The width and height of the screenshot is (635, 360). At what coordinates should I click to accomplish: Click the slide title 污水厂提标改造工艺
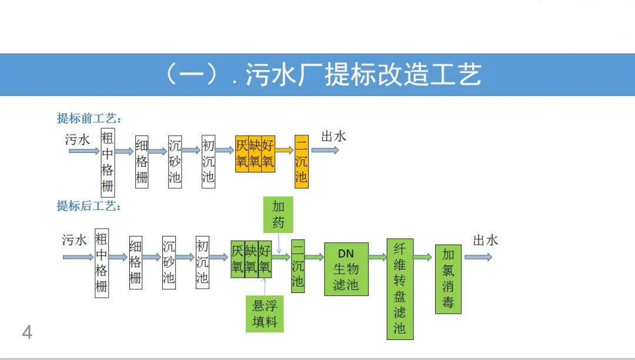322,75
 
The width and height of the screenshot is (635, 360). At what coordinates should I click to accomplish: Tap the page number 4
27,333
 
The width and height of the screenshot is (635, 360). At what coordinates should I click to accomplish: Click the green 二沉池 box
298,266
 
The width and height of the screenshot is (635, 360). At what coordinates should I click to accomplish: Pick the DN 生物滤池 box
346,269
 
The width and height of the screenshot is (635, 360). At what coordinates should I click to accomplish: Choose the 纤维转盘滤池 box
400,288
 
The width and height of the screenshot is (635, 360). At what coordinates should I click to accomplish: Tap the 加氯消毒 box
449,279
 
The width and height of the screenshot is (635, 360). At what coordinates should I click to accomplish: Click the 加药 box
278,214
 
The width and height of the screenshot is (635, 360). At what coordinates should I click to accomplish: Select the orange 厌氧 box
242,154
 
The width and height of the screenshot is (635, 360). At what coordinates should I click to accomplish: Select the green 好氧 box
265,259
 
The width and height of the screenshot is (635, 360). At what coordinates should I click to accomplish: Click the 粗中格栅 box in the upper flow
108,162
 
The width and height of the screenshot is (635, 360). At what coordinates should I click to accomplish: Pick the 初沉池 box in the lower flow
202,262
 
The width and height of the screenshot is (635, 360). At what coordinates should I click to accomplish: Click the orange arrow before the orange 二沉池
285,151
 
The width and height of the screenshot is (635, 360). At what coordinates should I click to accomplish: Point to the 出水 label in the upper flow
333,136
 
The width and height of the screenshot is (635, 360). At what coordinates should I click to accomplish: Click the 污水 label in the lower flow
75,240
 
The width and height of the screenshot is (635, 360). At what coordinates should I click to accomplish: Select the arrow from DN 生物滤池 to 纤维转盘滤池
377,257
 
